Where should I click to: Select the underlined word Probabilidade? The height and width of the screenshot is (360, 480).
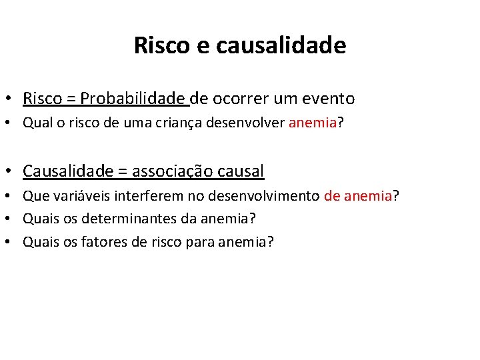[x=133, y=99]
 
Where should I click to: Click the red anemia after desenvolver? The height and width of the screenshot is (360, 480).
[x=313, y=123]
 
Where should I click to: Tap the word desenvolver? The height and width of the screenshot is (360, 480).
[x=246, y=123]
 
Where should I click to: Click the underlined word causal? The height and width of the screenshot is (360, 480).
[x=241, y=171]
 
